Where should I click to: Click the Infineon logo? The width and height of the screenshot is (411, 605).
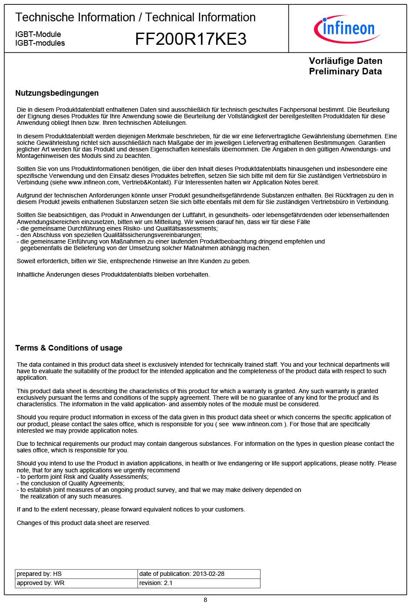click(x=347, y=29)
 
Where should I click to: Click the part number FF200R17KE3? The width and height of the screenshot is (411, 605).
click(x=190, y=39)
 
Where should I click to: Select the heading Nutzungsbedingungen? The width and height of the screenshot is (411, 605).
click(x=57, y=93)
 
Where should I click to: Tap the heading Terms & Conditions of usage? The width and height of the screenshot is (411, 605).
click(x=69, y=348)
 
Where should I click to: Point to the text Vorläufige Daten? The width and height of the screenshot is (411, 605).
click(x=345, y=61)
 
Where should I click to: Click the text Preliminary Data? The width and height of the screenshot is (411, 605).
click(x=345, y=71)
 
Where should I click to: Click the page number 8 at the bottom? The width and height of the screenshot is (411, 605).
click(x=205, y=600)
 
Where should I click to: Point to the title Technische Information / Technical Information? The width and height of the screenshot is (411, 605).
click(x=135, y=17)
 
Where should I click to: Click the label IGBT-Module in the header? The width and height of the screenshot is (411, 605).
click(x=38, y=34)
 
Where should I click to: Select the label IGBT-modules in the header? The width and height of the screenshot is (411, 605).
click(x=40, y=43)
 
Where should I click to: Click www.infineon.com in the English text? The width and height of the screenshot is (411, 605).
click(x=257, y=424)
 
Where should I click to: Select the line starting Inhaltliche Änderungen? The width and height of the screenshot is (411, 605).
click(x=113, y=274)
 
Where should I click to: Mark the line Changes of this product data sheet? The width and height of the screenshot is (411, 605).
click(x=84, y=523)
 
